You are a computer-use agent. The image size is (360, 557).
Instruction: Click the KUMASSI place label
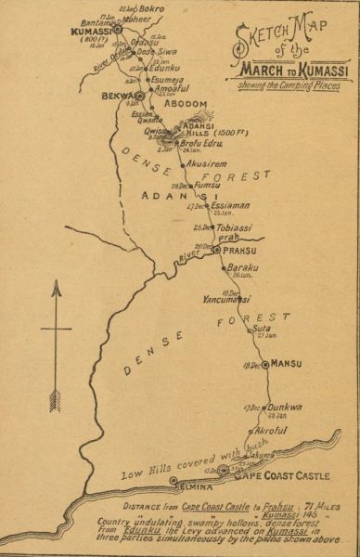coord(92,31)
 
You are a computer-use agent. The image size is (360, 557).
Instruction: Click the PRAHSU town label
coord(239,250)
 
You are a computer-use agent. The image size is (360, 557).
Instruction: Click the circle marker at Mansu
coord(265,365)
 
